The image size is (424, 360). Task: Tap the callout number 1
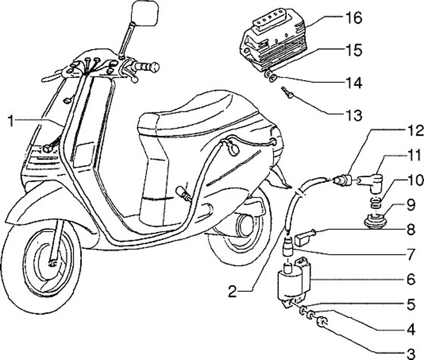point(11,121)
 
